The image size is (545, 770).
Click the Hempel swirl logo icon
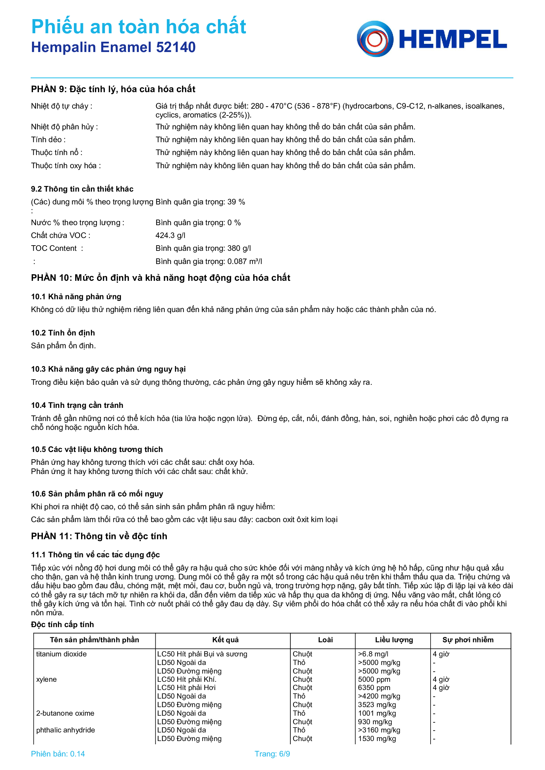pyautogui.click(x=375, y=39)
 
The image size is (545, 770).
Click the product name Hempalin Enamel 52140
pyautogui.click(x=113, y=47)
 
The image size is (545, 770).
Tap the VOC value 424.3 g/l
pyautogui.click(x=170, y=235)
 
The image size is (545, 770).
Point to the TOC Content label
pyautogui.click(x=54, y=248)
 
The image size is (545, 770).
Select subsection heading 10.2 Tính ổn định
pyautogui.click(x=63, y=333)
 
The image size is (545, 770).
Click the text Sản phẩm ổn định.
pyautogui.click(x=63, y=346)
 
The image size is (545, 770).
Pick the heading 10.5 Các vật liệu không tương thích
pyautogui.click(x=97, y=449)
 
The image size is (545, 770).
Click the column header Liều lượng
pyautogui.click(x=394, y=640)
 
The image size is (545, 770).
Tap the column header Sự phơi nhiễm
pyautogui.click(x=468, y=640)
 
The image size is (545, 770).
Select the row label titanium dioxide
pyautogui.click(x=61, y=654)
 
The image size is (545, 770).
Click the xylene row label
pyautogui.click(x=46, y=679)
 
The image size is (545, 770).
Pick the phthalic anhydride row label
pyautogui.click(x=66, y=730)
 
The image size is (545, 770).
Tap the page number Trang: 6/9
pyautogui.click(x=272, y=754)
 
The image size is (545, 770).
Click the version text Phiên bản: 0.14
pyautogui.click(x=58, y=754)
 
